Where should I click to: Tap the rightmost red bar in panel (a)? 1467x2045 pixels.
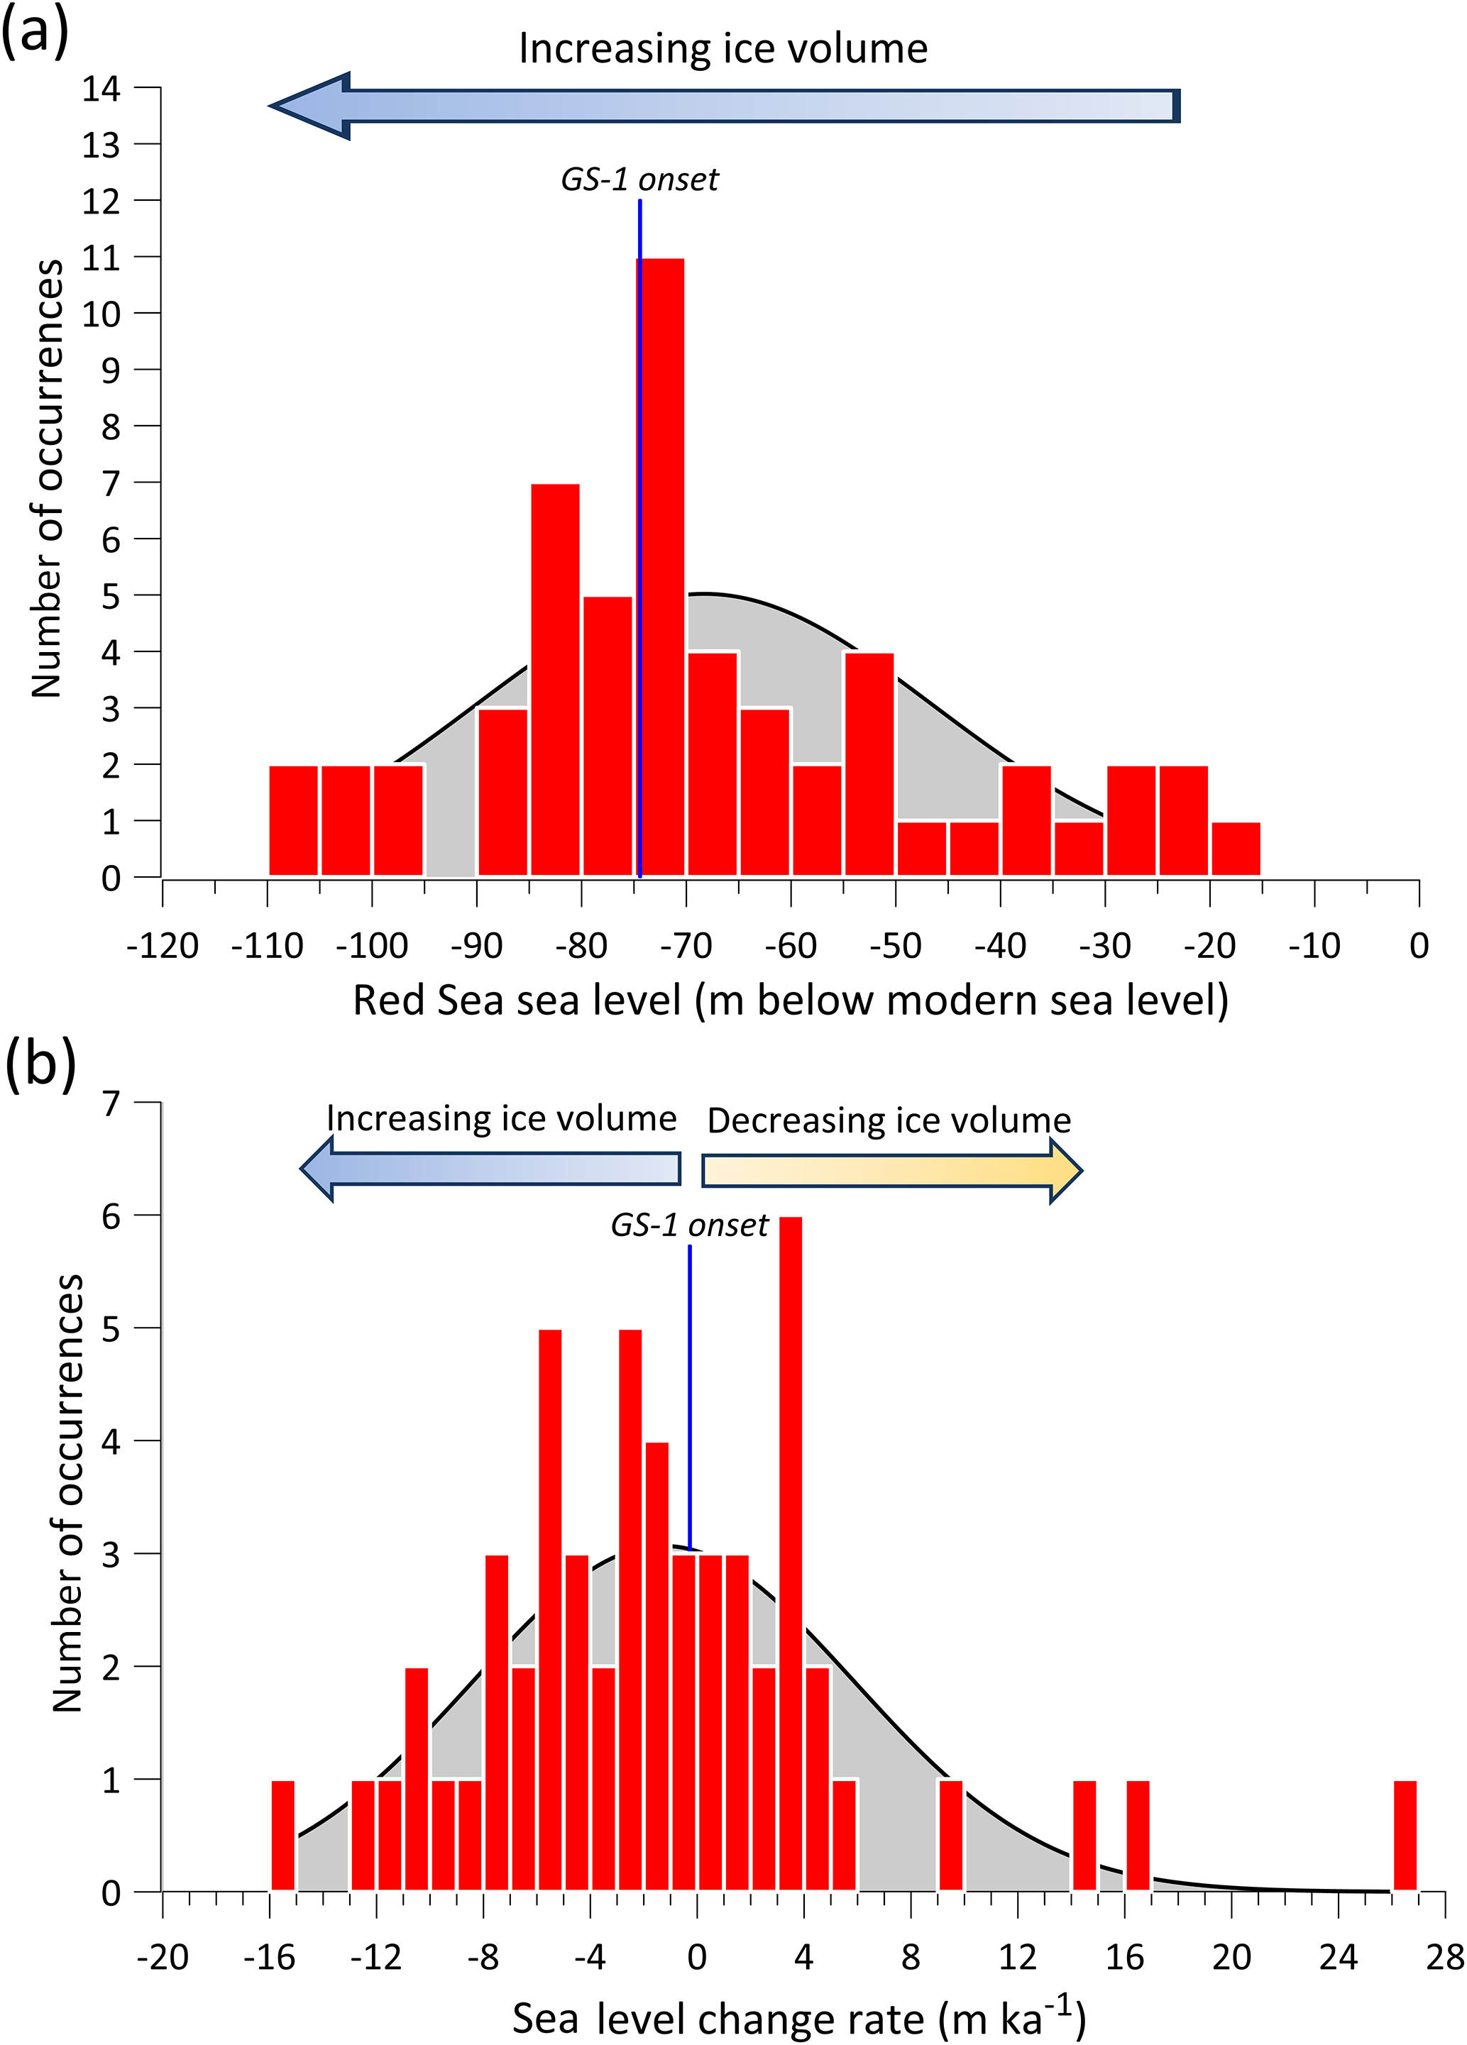coord(1235,849)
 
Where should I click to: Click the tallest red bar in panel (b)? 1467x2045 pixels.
coord(791,1552)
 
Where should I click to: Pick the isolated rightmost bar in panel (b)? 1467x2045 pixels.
coord(1405,1835)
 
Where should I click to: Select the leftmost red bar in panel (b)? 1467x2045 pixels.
coord(282,1835)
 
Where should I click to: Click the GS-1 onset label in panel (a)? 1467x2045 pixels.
coord(639,180)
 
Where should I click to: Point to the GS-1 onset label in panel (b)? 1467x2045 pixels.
coord(689,1225)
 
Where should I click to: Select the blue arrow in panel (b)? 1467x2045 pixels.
coord(490,1169)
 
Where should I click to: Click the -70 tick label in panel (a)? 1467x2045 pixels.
coord(686,946)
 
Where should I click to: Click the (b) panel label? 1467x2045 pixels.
coord(40,1063)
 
